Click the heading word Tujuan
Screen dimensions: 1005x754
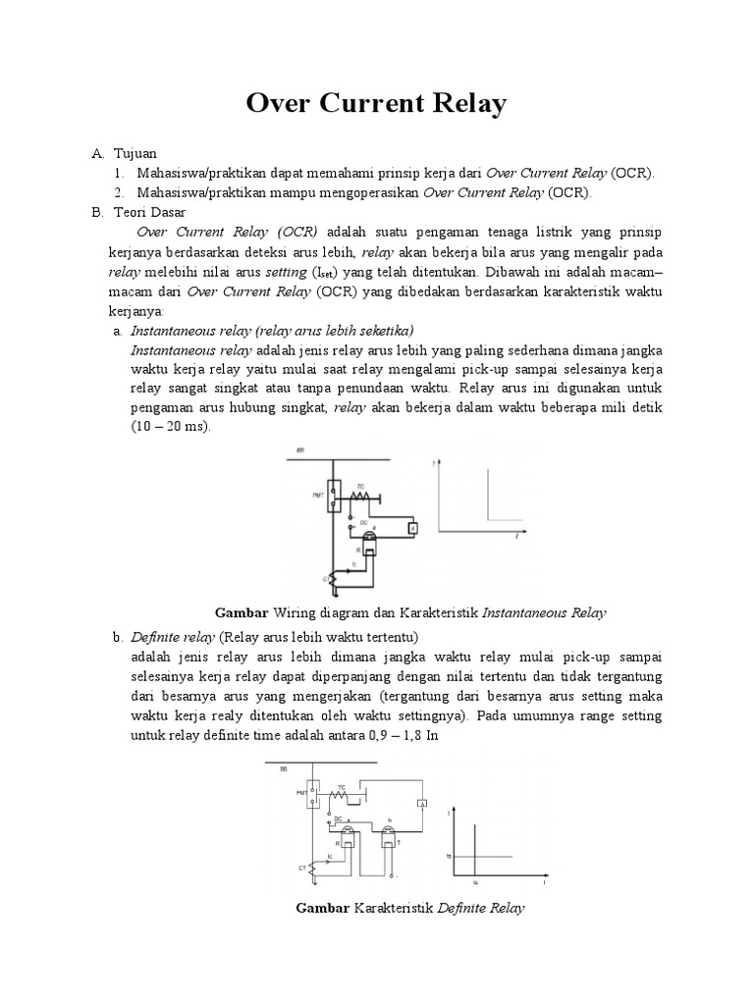pyautogui.click(x=135, y=154)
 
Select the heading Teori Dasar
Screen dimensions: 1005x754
pyautogui.click(x=156, y=212)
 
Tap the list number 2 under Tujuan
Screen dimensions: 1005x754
pyautogui.click(x=118, y=192)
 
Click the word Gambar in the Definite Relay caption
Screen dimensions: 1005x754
pyautogui.click(x=323, y=909)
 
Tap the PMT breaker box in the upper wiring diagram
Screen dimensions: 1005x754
pyautogui.click(x=335, y=496)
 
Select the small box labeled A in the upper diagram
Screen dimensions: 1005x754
pyautogui.click(x=413, y=529)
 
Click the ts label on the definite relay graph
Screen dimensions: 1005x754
pyautogui.click(x=449, y=856)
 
